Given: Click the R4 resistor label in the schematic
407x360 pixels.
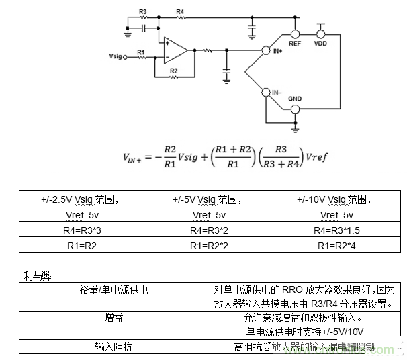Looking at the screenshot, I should click(179, 12).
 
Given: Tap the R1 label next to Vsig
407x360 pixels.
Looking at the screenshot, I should click(140, 51).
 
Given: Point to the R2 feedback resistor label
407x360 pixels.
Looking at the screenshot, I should click(173, 70).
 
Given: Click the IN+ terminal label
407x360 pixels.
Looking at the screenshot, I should click(277, 50).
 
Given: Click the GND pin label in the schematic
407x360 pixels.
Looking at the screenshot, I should click(295, 99).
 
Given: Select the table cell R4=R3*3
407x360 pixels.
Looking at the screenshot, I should click(82, 230).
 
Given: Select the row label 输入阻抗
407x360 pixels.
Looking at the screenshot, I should click(114, 347).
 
